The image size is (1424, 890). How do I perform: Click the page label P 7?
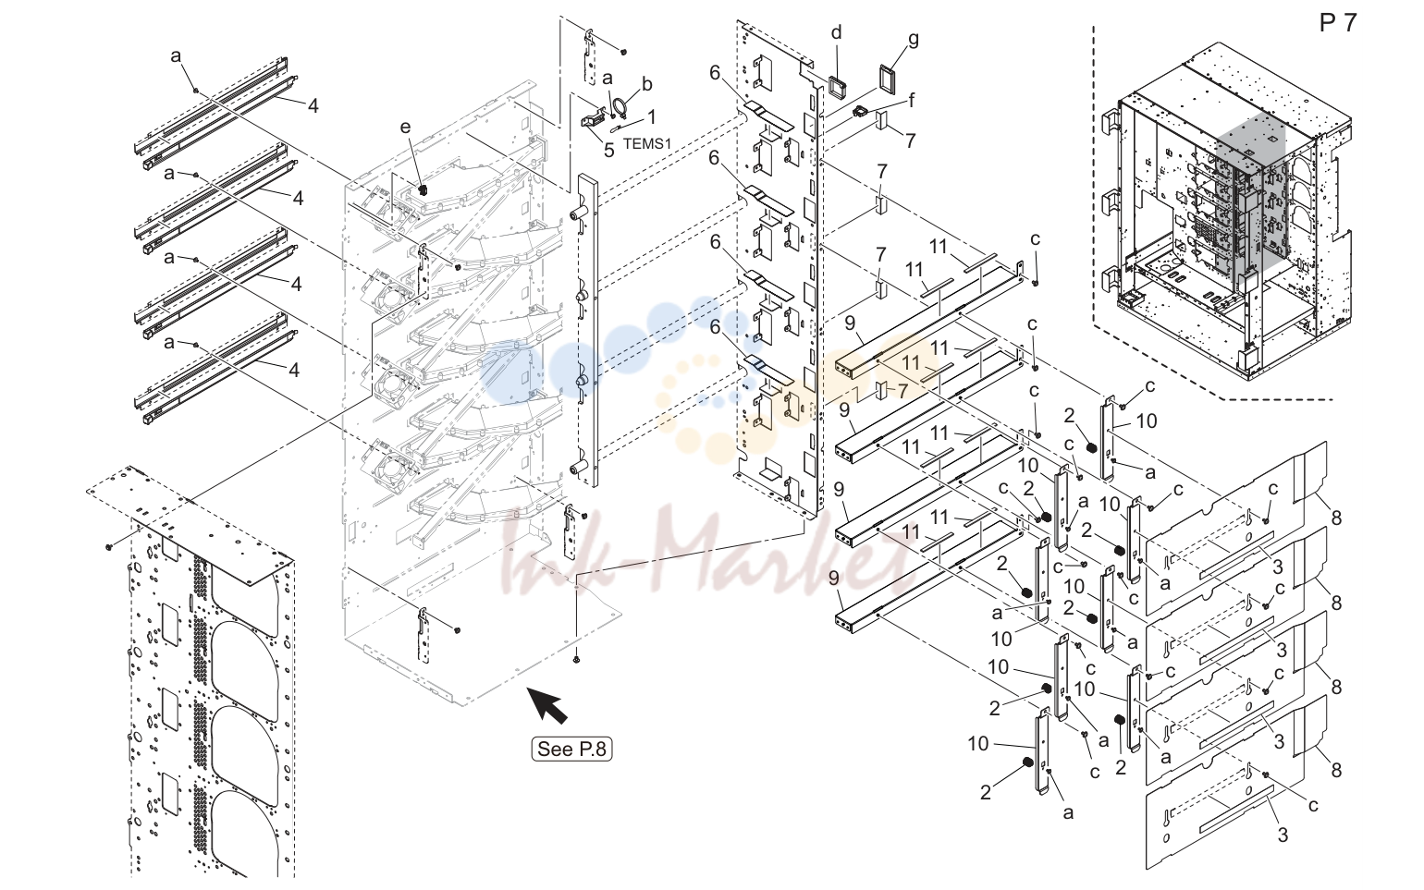point(1338,23)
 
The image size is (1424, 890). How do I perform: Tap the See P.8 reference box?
point(571,749)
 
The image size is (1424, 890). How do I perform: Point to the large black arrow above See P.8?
point(549,704)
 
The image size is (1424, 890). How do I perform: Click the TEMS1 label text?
point(647,143)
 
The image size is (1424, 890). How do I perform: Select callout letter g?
point(914,40)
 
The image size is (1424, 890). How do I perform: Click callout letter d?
point(837,31)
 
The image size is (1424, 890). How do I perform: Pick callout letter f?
point(912,99)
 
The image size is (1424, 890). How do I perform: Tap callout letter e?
point(406,127)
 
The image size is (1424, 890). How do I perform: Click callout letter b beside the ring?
point(647,84)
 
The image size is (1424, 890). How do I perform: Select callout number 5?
point(609,151)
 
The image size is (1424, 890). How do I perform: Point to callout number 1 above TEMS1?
point(651,116)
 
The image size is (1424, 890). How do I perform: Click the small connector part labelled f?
point(859,112)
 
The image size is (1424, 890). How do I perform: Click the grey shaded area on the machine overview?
point(1250,197)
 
